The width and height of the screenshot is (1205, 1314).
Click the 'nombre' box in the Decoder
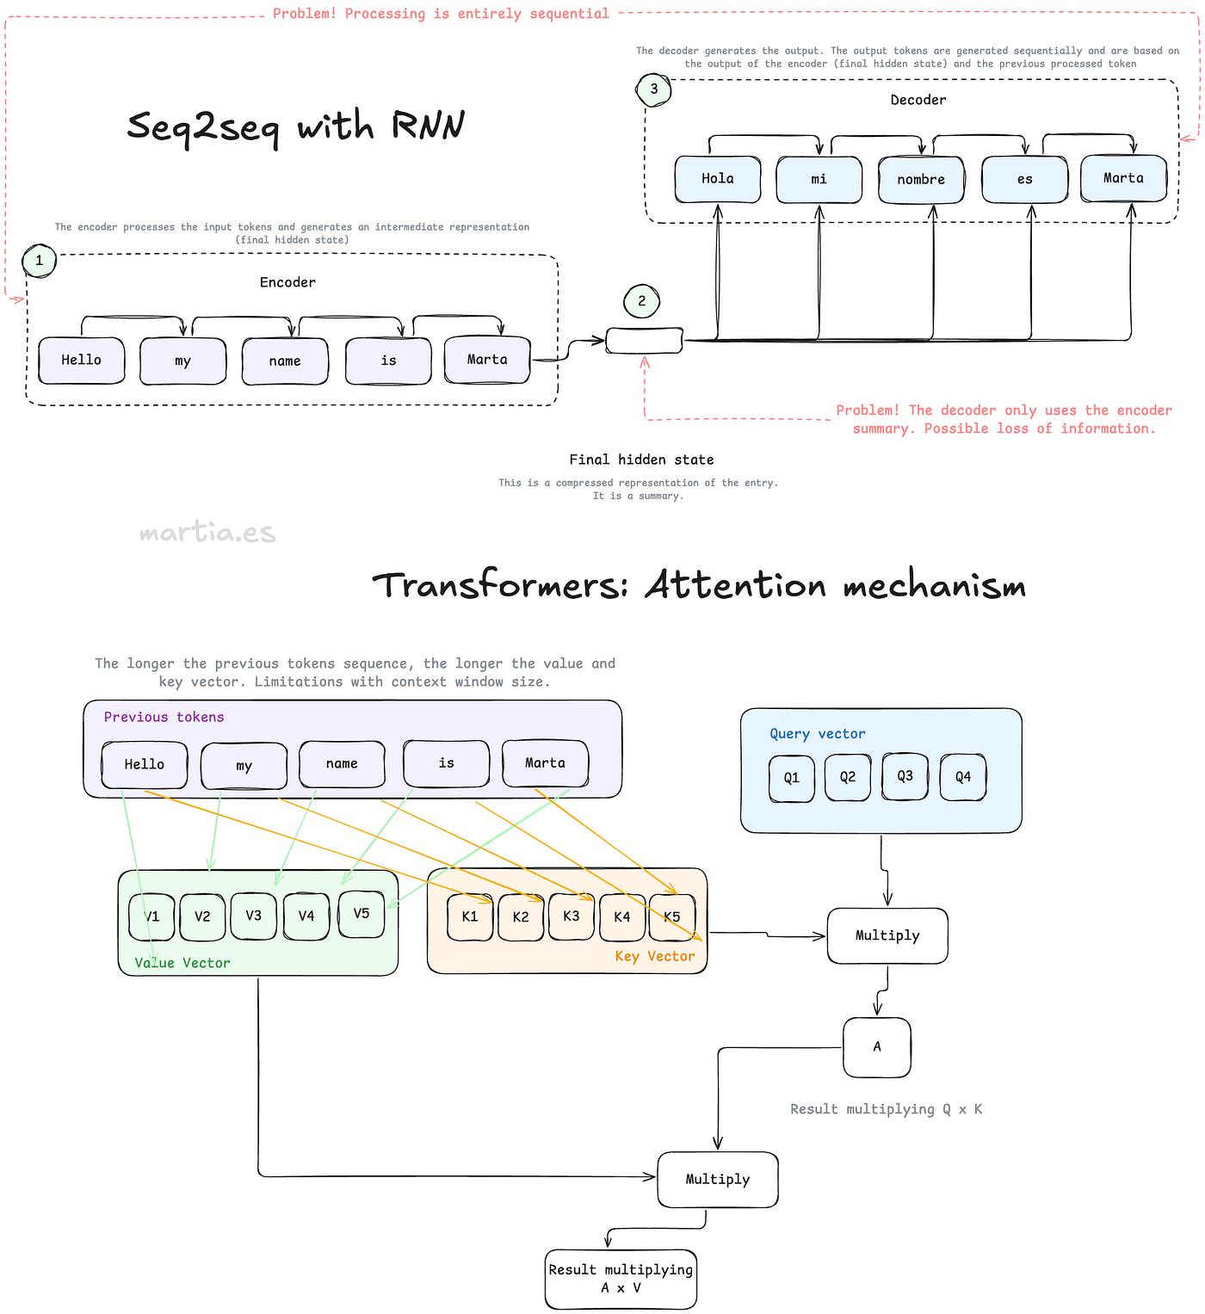921,180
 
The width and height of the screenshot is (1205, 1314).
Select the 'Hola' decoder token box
718,179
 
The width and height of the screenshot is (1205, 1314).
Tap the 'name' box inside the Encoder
285,361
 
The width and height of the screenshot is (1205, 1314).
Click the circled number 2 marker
641,301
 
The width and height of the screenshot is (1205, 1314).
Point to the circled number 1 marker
40,261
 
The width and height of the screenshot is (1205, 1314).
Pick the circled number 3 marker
654,89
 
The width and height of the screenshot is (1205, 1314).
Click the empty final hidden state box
644,341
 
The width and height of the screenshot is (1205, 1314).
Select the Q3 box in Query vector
905,776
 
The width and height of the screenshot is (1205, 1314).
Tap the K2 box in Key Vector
521,917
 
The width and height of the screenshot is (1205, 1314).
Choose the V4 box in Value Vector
306,916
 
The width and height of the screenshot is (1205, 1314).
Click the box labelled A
877,1046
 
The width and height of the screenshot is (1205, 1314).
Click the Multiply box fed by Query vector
887,935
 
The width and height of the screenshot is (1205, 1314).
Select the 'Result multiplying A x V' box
621,1280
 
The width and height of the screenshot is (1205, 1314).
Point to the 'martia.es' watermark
207,532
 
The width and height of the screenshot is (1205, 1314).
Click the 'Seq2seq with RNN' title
295,126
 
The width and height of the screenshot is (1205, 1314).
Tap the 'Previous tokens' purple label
164,717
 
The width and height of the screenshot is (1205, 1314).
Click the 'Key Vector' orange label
655,956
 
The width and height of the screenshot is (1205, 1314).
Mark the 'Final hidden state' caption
641,460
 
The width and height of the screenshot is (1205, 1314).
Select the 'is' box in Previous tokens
446,763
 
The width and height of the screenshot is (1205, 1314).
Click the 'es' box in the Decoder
1025,180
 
